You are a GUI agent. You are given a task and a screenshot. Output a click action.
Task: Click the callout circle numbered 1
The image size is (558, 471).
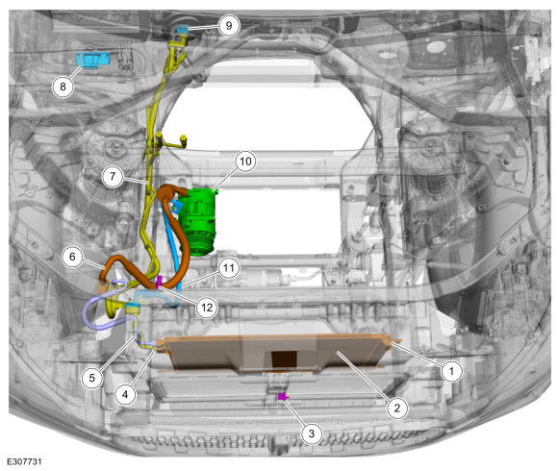451,371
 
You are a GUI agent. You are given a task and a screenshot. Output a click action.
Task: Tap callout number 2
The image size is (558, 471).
396,409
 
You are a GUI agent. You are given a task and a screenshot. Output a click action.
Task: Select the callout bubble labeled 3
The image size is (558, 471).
312,434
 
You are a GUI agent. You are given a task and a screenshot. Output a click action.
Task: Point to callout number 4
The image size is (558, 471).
125,394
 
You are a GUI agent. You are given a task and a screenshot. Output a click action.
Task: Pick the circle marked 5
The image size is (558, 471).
91,378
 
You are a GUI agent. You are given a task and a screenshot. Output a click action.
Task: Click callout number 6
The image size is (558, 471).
72,257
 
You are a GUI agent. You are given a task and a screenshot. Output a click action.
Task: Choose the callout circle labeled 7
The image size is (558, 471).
113,176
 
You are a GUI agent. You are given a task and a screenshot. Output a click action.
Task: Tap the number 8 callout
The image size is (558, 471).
63,87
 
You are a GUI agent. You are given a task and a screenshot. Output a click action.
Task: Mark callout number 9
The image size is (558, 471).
229,25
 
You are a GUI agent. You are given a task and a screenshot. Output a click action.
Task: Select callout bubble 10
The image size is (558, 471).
245,161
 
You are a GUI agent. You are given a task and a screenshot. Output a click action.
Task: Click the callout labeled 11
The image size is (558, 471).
229,267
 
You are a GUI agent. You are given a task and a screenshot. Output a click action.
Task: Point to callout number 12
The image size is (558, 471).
207,308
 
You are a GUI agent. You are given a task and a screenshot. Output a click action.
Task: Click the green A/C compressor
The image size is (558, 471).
196,223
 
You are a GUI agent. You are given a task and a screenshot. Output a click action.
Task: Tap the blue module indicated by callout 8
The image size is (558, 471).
93,60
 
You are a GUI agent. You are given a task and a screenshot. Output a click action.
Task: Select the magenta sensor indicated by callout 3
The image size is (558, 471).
283,396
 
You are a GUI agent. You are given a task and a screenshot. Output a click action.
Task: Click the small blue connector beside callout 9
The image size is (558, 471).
182,29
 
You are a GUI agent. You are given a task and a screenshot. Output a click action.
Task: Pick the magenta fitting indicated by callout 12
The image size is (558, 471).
159,283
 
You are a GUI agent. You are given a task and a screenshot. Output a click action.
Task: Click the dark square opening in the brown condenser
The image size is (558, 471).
284,359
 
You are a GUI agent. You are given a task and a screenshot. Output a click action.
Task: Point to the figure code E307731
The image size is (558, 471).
24,461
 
